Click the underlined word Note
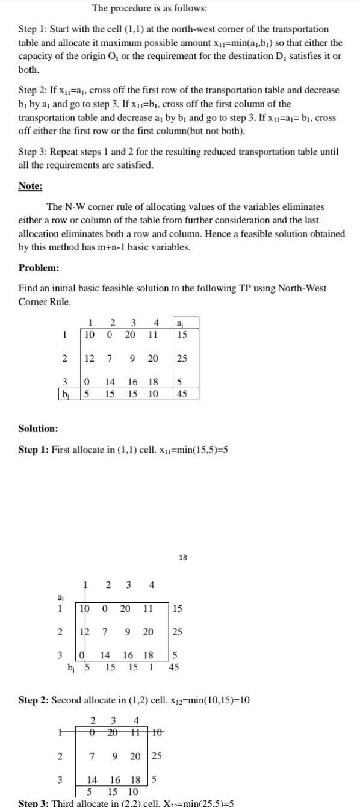tap(30, 187)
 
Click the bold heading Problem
tap(38, 267)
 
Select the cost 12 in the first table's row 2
tap(88, 359)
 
